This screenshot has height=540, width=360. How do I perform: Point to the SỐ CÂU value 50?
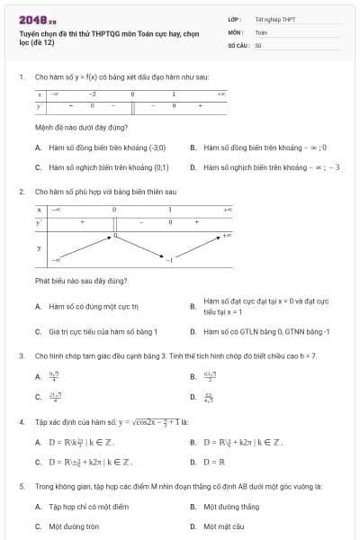point(258,44)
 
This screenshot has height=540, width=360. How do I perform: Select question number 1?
point(21,77)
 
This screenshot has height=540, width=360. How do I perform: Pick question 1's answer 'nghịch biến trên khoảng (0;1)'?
point(108,167)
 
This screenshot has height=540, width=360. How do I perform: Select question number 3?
point(21,355)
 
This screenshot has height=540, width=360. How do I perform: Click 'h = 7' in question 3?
point(306,355)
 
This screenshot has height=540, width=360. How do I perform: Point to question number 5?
point(21,486)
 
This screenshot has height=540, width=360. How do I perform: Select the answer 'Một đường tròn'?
point(74,526)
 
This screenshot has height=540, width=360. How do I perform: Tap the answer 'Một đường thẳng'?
point(231,507)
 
